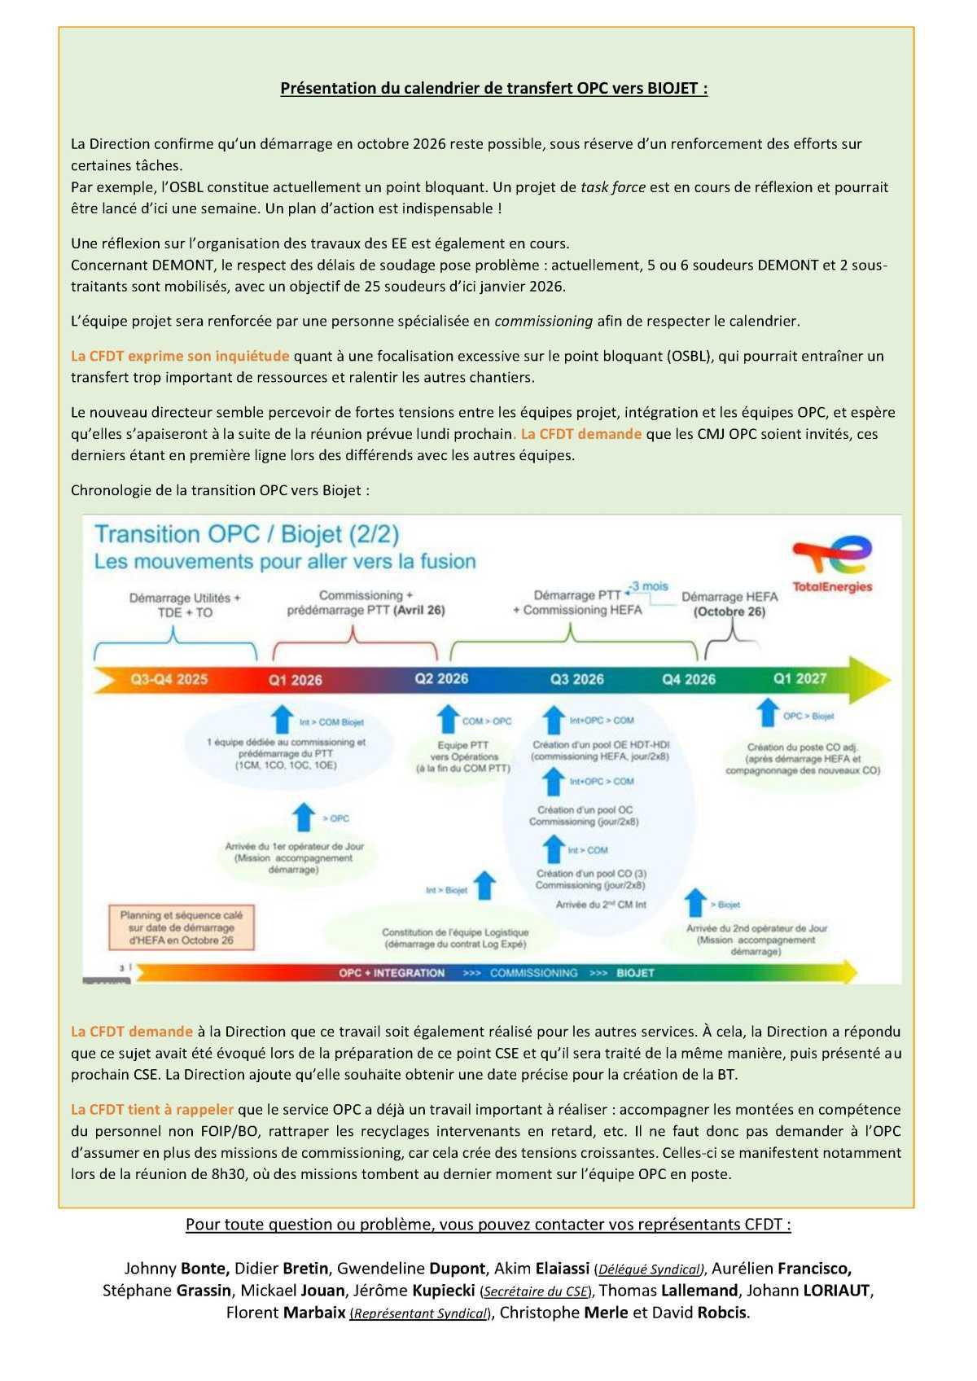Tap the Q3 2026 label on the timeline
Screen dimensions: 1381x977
(576, 679)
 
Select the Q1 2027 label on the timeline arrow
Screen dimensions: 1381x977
(800, 678)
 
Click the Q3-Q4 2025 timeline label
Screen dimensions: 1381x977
(169, 679)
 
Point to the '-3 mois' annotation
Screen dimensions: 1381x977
(649, 585)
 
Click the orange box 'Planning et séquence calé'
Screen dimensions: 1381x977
(182, 927)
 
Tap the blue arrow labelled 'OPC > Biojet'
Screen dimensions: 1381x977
(766, 712)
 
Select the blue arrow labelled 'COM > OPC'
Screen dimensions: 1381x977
(447, 720)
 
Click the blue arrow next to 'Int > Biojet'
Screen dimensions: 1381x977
(484, 885)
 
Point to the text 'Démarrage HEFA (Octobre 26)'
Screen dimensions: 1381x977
(729, 604)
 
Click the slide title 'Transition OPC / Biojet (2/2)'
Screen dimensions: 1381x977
(247, 534)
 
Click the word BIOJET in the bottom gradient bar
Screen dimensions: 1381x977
(636, 972)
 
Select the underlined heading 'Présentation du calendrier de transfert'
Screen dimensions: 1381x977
(493, 88)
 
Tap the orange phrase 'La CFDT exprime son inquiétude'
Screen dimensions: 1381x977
(180, 356)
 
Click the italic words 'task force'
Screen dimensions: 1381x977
(612, 186)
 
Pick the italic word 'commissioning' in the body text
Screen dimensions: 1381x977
(543, 321)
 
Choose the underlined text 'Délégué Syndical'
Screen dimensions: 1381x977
(649, 1269)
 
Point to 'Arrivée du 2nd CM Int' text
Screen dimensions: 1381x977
(601, 904)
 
